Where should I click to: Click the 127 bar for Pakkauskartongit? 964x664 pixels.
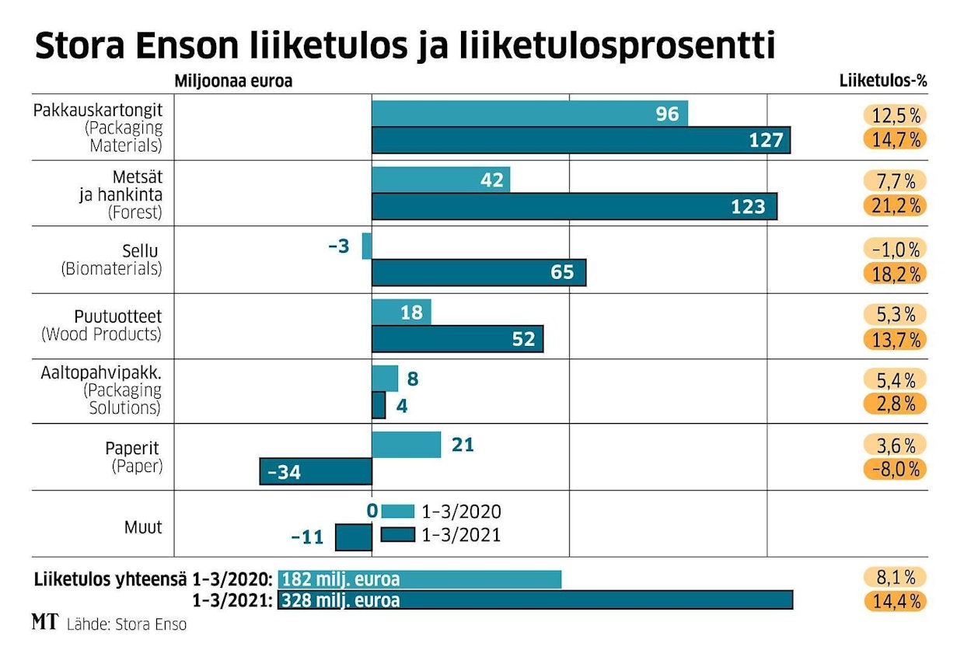coord(581,141)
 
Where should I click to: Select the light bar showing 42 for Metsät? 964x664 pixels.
coord(440,180)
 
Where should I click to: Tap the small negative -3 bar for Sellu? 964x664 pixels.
coord(367,246)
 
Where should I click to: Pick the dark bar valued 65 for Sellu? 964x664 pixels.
coord(478,272)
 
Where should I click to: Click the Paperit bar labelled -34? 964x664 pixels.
coord(316,471)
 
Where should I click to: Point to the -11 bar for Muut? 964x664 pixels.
coord(353,536)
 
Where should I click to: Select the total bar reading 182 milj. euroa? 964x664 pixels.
coord(419,579)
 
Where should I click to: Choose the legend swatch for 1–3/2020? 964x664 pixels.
coord(397,512)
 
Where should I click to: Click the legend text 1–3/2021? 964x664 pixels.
coord(461,535)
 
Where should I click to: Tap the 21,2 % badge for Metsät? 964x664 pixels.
coord(895,206)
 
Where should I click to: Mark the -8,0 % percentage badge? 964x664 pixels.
coord(895,470)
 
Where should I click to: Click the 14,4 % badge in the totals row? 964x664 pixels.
coord(895,601)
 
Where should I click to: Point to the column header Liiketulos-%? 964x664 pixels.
coord(884,81)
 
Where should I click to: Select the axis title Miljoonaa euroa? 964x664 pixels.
coord(233,81)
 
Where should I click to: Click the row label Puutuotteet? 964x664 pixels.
coord(118,316)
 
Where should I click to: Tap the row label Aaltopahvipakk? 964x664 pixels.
coord(101,373)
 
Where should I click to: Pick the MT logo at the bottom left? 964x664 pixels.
coord(45,622)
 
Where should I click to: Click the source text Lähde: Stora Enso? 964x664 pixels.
coord(127,624)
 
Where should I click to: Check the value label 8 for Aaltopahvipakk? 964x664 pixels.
coord(413,379)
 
